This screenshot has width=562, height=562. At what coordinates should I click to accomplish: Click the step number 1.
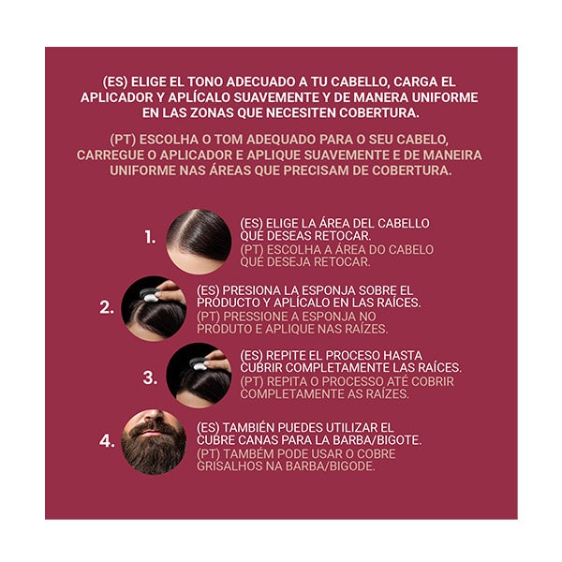(x=150, y=237)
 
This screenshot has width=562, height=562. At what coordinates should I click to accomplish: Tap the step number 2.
(x=107, y=307)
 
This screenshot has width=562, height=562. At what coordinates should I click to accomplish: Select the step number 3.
(x=150, y=377)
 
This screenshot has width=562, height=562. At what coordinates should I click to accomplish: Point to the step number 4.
(x=107, y=440)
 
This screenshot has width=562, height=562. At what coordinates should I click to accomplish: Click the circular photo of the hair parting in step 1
(x=199, y=242)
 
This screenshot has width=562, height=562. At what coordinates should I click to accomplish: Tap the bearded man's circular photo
(x=154, y=442)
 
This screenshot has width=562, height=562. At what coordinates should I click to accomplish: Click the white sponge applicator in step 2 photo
(x=150, y=296)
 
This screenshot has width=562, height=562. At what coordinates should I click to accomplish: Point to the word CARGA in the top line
(x=416, y=81)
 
